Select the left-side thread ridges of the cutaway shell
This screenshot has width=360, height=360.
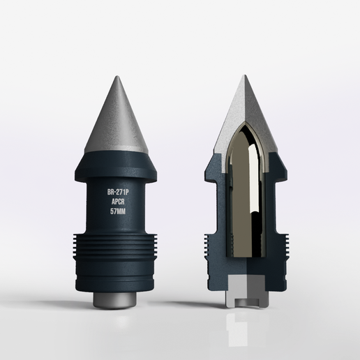coord(207,244)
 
